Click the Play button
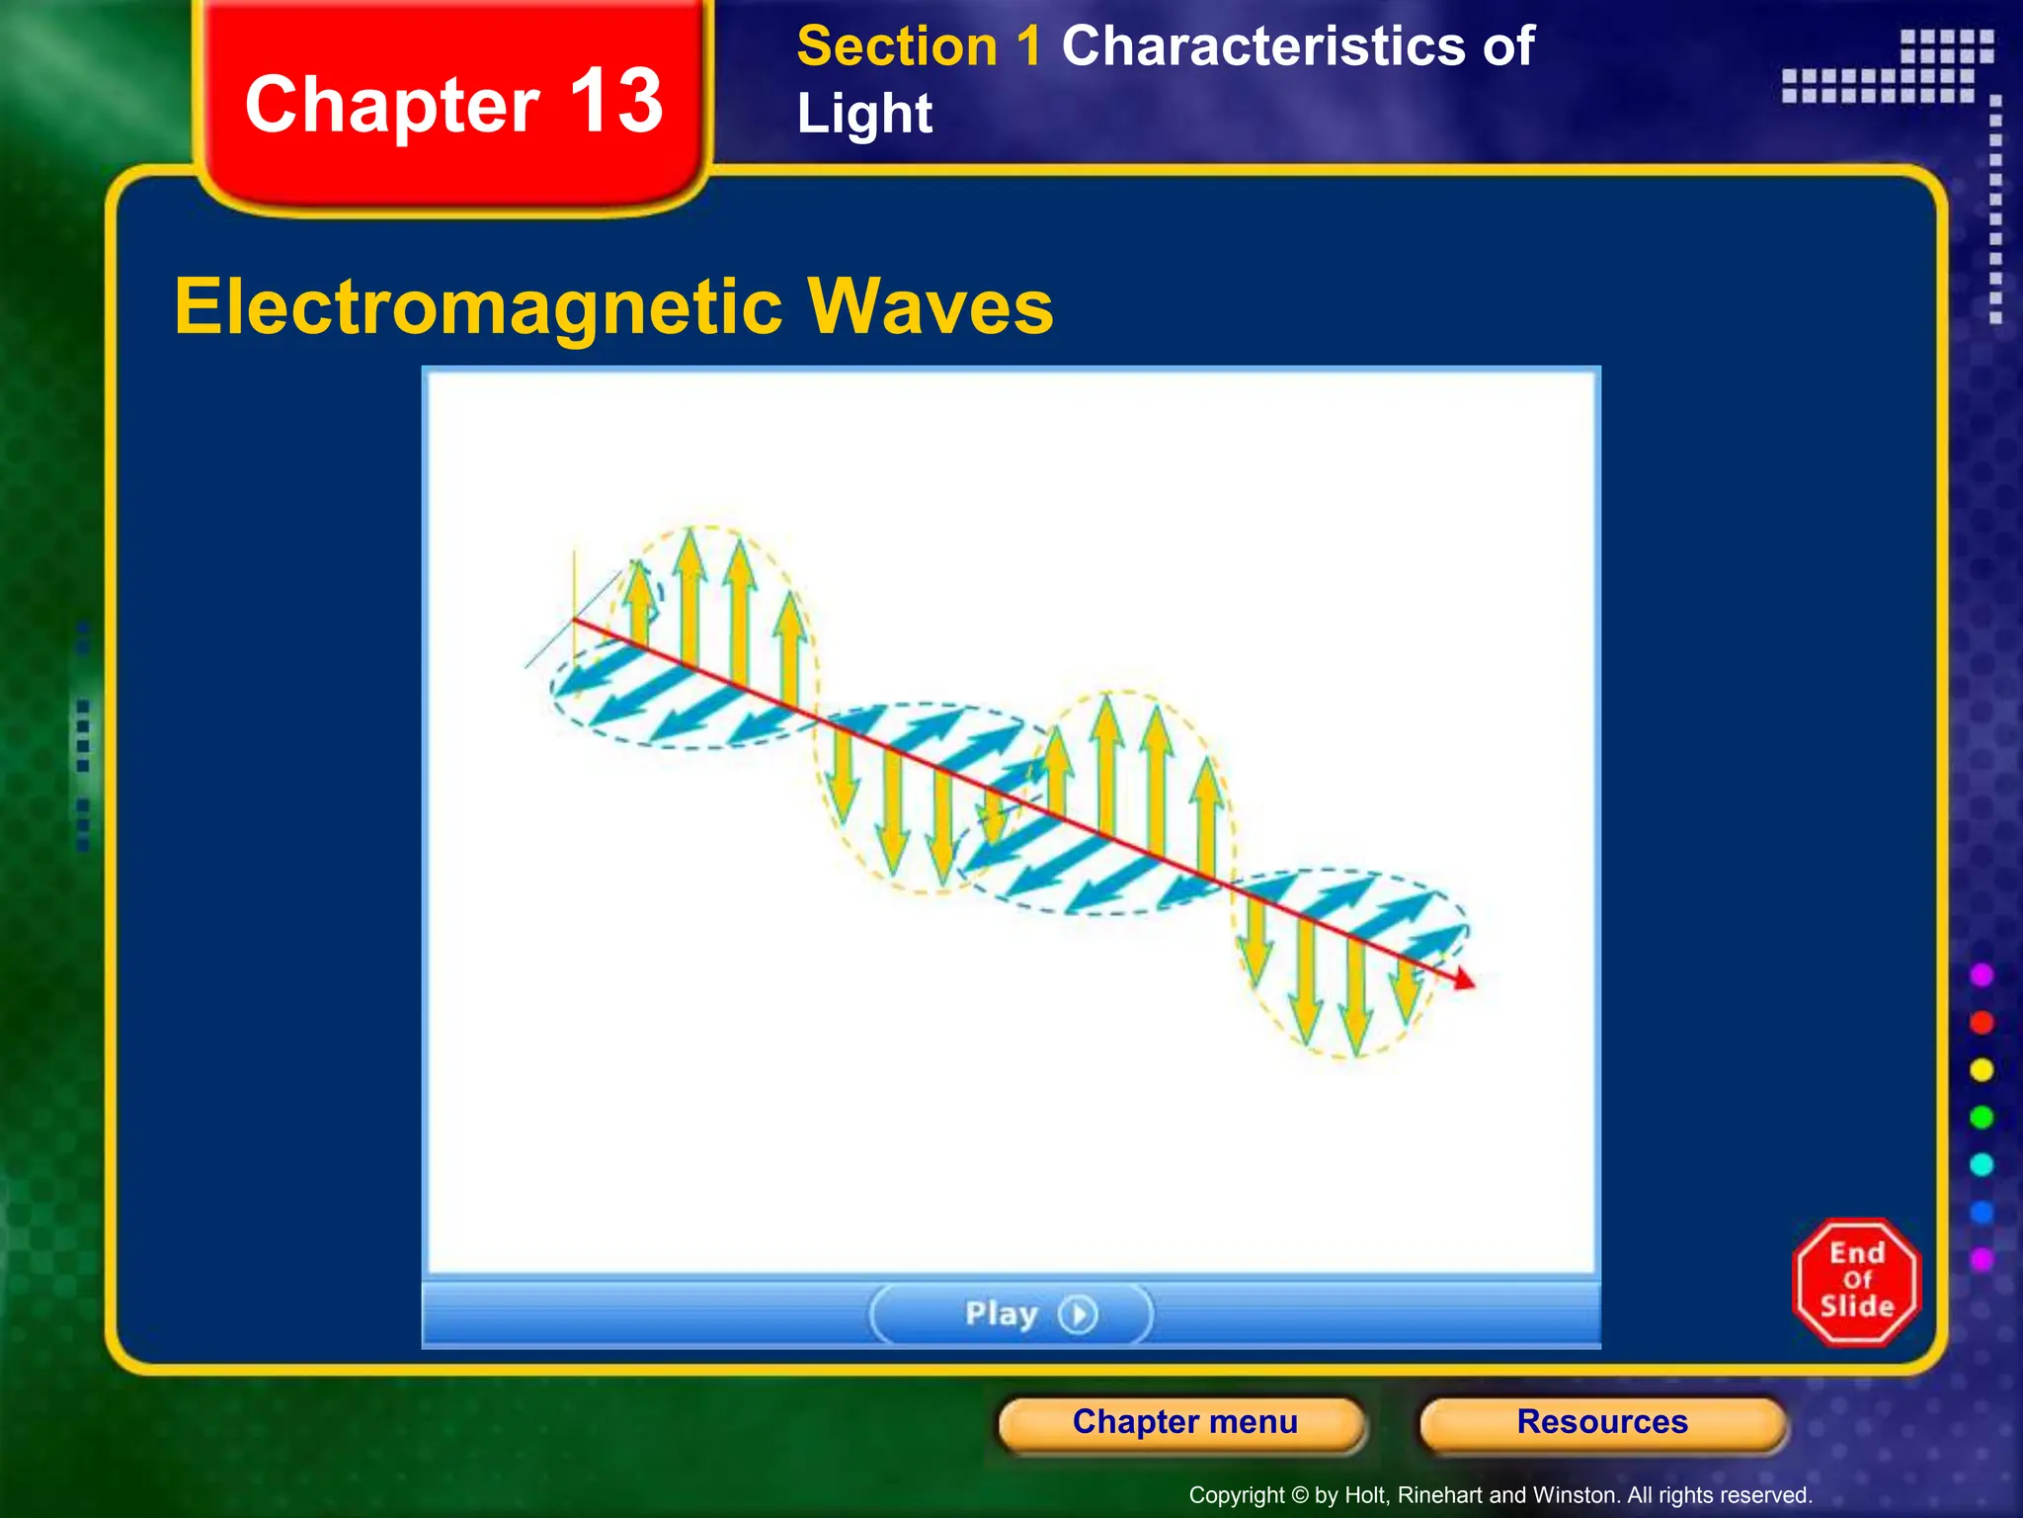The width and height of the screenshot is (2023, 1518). click(1011, 1313)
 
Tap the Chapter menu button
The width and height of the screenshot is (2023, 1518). click(1184, 1422)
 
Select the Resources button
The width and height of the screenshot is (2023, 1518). click(1602, 1422)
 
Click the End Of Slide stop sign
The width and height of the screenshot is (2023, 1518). click(1856, 1281)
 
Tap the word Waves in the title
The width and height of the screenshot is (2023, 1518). click(931, 306)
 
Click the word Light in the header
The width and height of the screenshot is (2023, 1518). click(864, 114)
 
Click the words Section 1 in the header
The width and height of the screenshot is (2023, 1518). click(919, 46)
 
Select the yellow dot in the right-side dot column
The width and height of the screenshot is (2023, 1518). click(1982, 1070)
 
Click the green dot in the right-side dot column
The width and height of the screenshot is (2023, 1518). click(1982, 1118)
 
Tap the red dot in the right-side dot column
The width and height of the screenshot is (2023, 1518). click(1982, 1023)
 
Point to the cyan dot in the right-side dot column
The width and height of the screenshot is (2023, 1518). click(1982, 1165)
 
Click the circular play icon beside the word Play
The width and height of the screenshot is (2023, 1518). click(1078, 1314)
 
